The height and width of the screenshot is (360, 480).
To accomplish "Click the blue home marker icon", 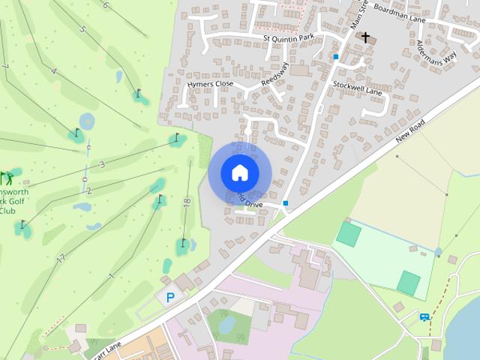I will coord(239,172).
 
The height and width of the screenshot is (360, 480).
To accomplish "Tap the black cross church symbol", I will coord(366,37).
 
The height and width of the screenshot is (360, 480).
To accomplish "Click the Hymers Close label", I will coord(210,85).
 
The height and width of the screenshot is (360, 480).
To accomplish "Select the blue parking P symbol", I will coord(170,298).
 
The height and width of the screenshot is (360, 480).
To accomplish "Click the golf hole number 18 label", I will coord(187,202).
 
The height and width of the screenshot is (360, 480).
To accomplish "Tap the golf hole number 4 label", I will coord(53,70).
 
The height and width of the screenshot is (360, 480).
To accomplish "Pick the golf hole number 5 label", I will coord(82,30).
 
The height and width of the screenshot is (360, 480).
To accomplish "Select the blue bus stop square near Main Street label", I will coord(337,56).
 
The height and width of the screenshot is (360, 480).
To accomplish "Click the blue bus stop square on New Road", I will coord(286,203).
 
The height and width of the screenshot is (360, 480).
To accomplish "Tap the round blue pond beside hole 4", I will coord(87,120).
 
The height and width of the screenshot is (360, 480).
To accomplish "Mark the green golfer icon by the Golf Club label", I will coord(7,178).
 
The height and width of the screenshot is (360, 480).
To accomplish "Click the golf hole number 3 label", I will coord(101,164).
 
